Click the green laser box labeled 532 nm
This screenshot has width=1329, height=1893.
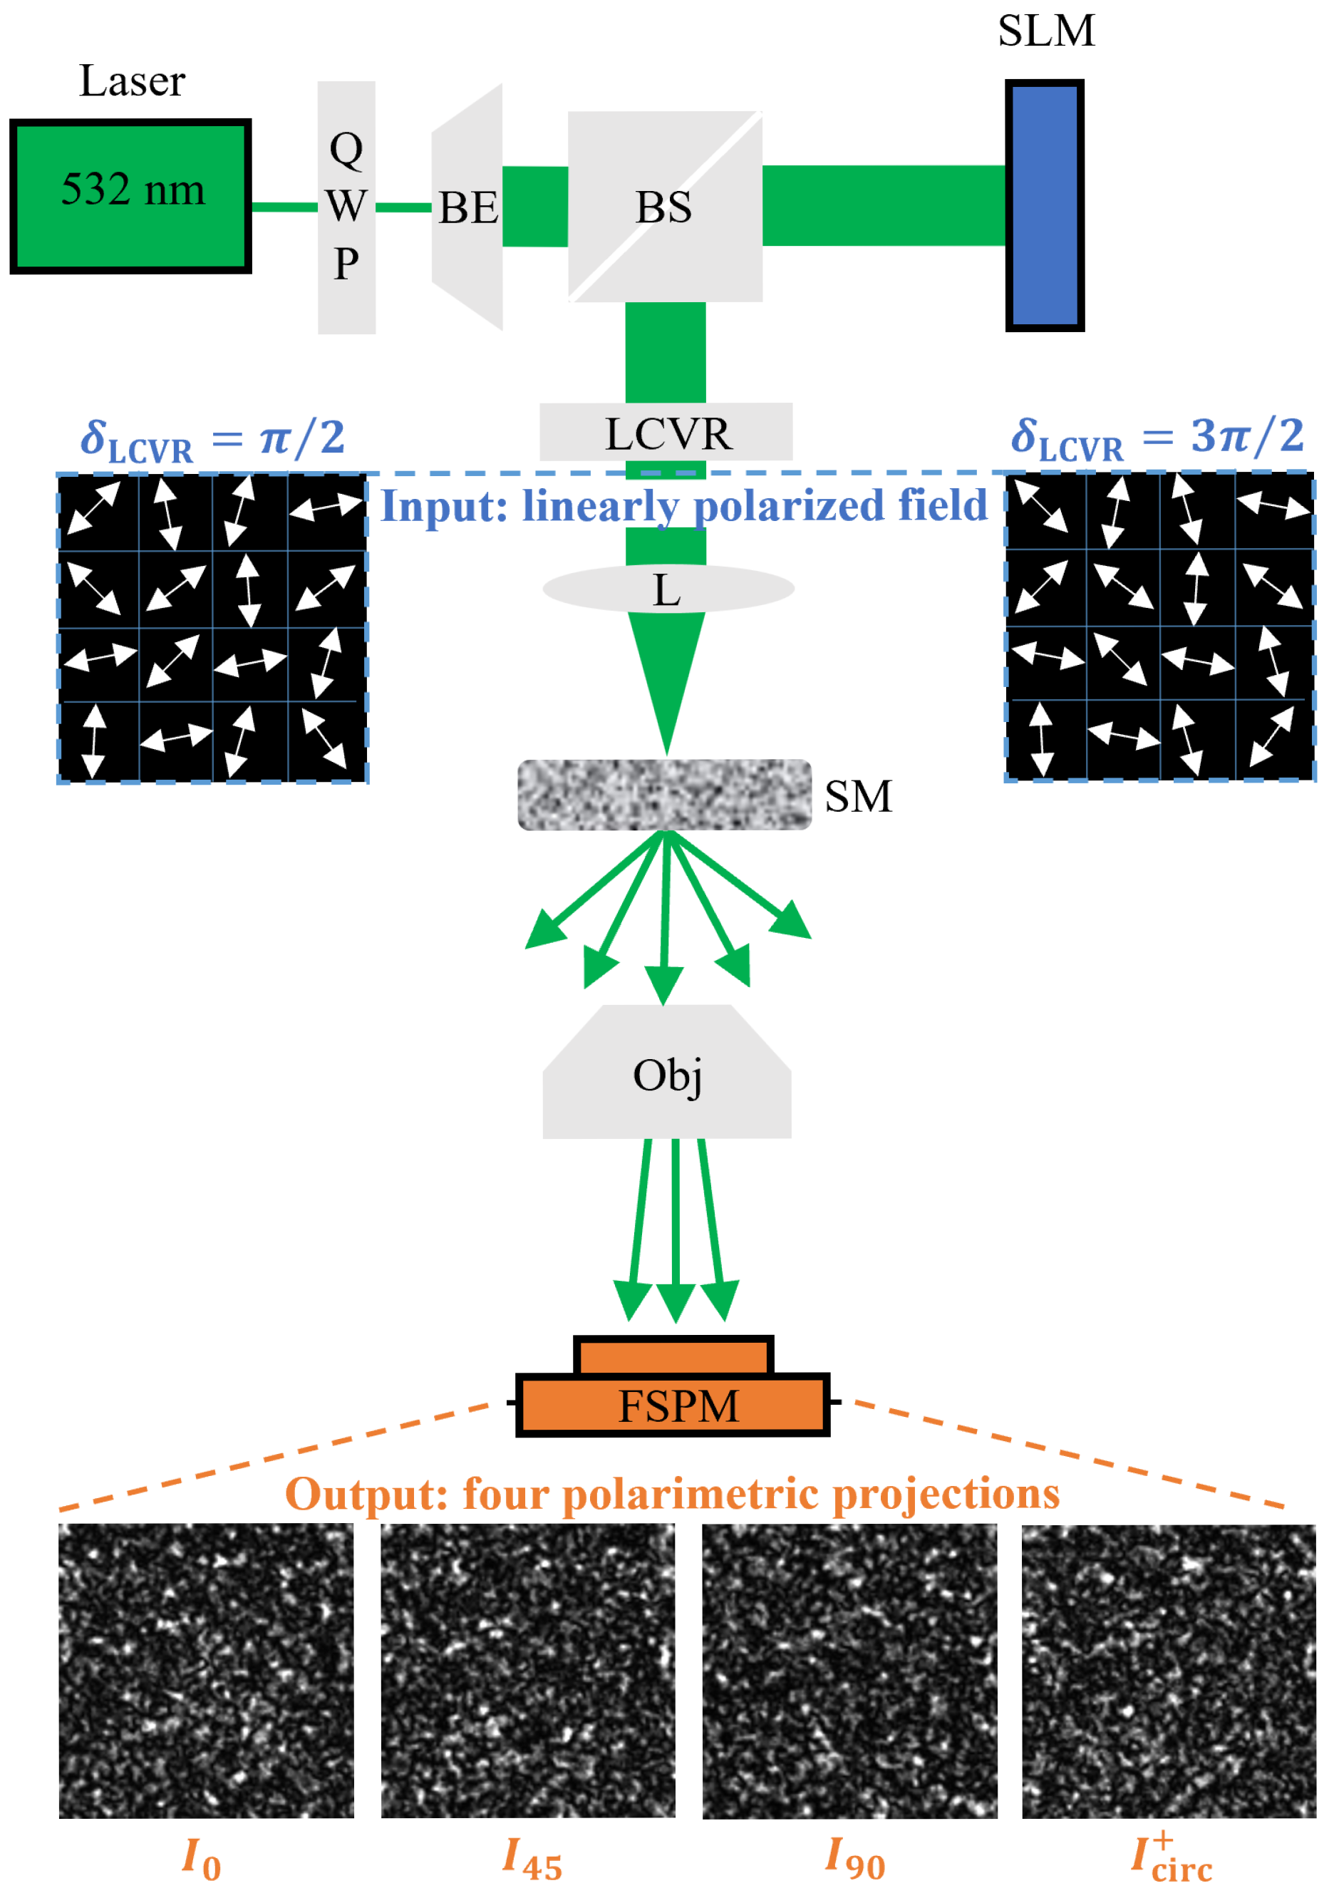(x=130, y=195)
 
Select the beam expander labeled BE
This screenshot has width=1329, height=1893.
(x=467, y=207)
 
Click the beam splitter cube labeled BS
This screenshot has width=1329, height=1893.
(x=664, y=206)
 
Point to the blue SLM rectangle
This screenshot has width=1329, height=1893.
(x=1044, y=205)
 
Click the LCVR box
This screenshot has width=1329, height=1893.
(x=666, y=432)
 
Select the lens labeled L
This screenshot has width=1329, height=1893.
(x=668, y=589)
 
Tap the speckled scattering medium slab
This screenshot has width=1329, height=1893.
(x=664, y=794)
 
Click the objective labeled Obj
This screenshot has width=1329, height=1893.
(x=666, y=1073)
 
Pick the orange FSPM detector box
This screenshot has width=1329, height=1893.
(x=673, y=1404)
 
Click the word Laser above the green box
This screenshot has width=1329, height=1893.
(x=132, y=81)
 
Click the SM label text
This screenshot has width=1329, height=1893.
(x=858, y=796)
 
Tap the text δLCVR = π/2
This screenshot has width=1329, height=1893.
(x=212, y=438)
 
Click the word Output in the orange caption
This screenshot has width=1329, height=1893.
(x=366, y=1494)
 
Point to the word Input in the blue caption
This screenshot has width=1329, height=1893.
(x=443, y=505)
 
